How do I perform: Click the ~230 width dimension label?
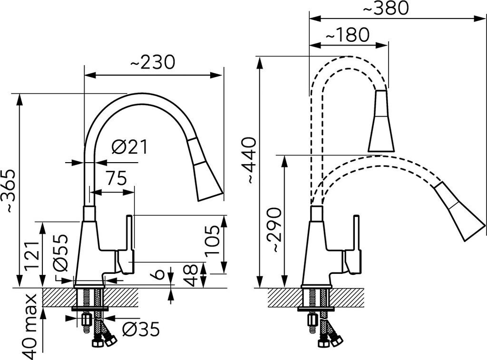click(x=153, y=62)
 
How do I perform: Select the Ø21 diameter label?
click(x=130, y=147)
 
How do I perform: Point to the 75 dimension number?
click(x=117, y=178)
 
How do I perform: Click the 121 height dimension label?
click(x=34, y=255)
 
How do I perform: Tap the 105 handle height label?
click(x=213, y=240)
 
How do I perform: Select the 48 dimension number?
click(x=190, y=275)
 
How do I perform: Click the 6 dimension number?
click(x=159, y=274)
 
